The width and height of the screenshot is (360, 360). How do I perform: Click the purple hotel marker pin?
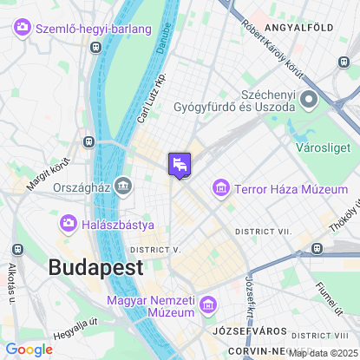pos(180,164)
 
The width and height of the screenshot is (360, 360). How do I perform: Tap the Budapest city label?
pos(95,267)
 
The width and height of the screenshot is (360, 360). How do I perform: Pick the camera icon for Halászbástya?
pos(68,225)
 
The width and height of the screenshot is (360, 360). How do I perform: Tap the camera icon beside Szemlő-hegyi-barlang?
pos(23,28)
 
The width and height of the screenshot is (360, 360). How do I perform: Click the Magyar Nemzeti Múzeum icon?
pos(207,304)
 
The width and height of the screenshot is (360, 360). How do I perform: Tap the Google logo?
pos(29,350)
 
